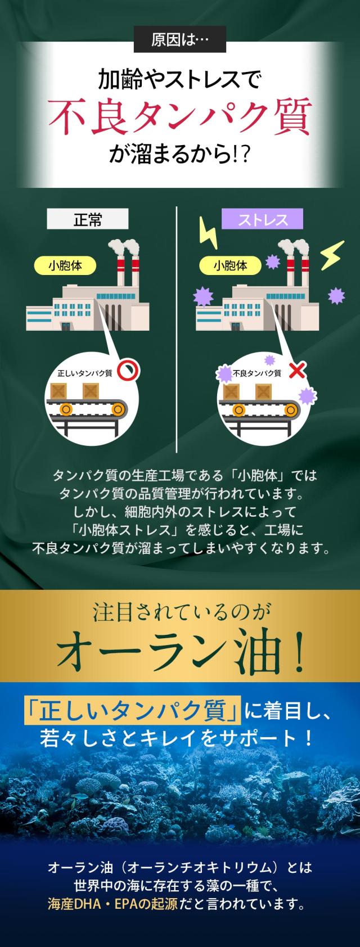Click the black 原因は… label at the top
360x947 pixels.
pos(180,41)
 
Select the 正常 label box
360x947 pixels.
pos(88,219)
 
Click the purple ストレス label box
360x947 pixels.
pos(263,219)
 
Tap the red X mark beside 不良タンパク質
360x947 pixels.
pos(296,371)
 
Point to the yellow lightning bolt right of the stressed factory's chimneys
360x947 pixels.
pos(331,256)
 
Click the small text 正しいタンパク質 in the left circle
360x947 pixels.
pos(84,373)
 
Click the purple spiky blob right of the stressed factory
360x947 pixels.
pos(336,295)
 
